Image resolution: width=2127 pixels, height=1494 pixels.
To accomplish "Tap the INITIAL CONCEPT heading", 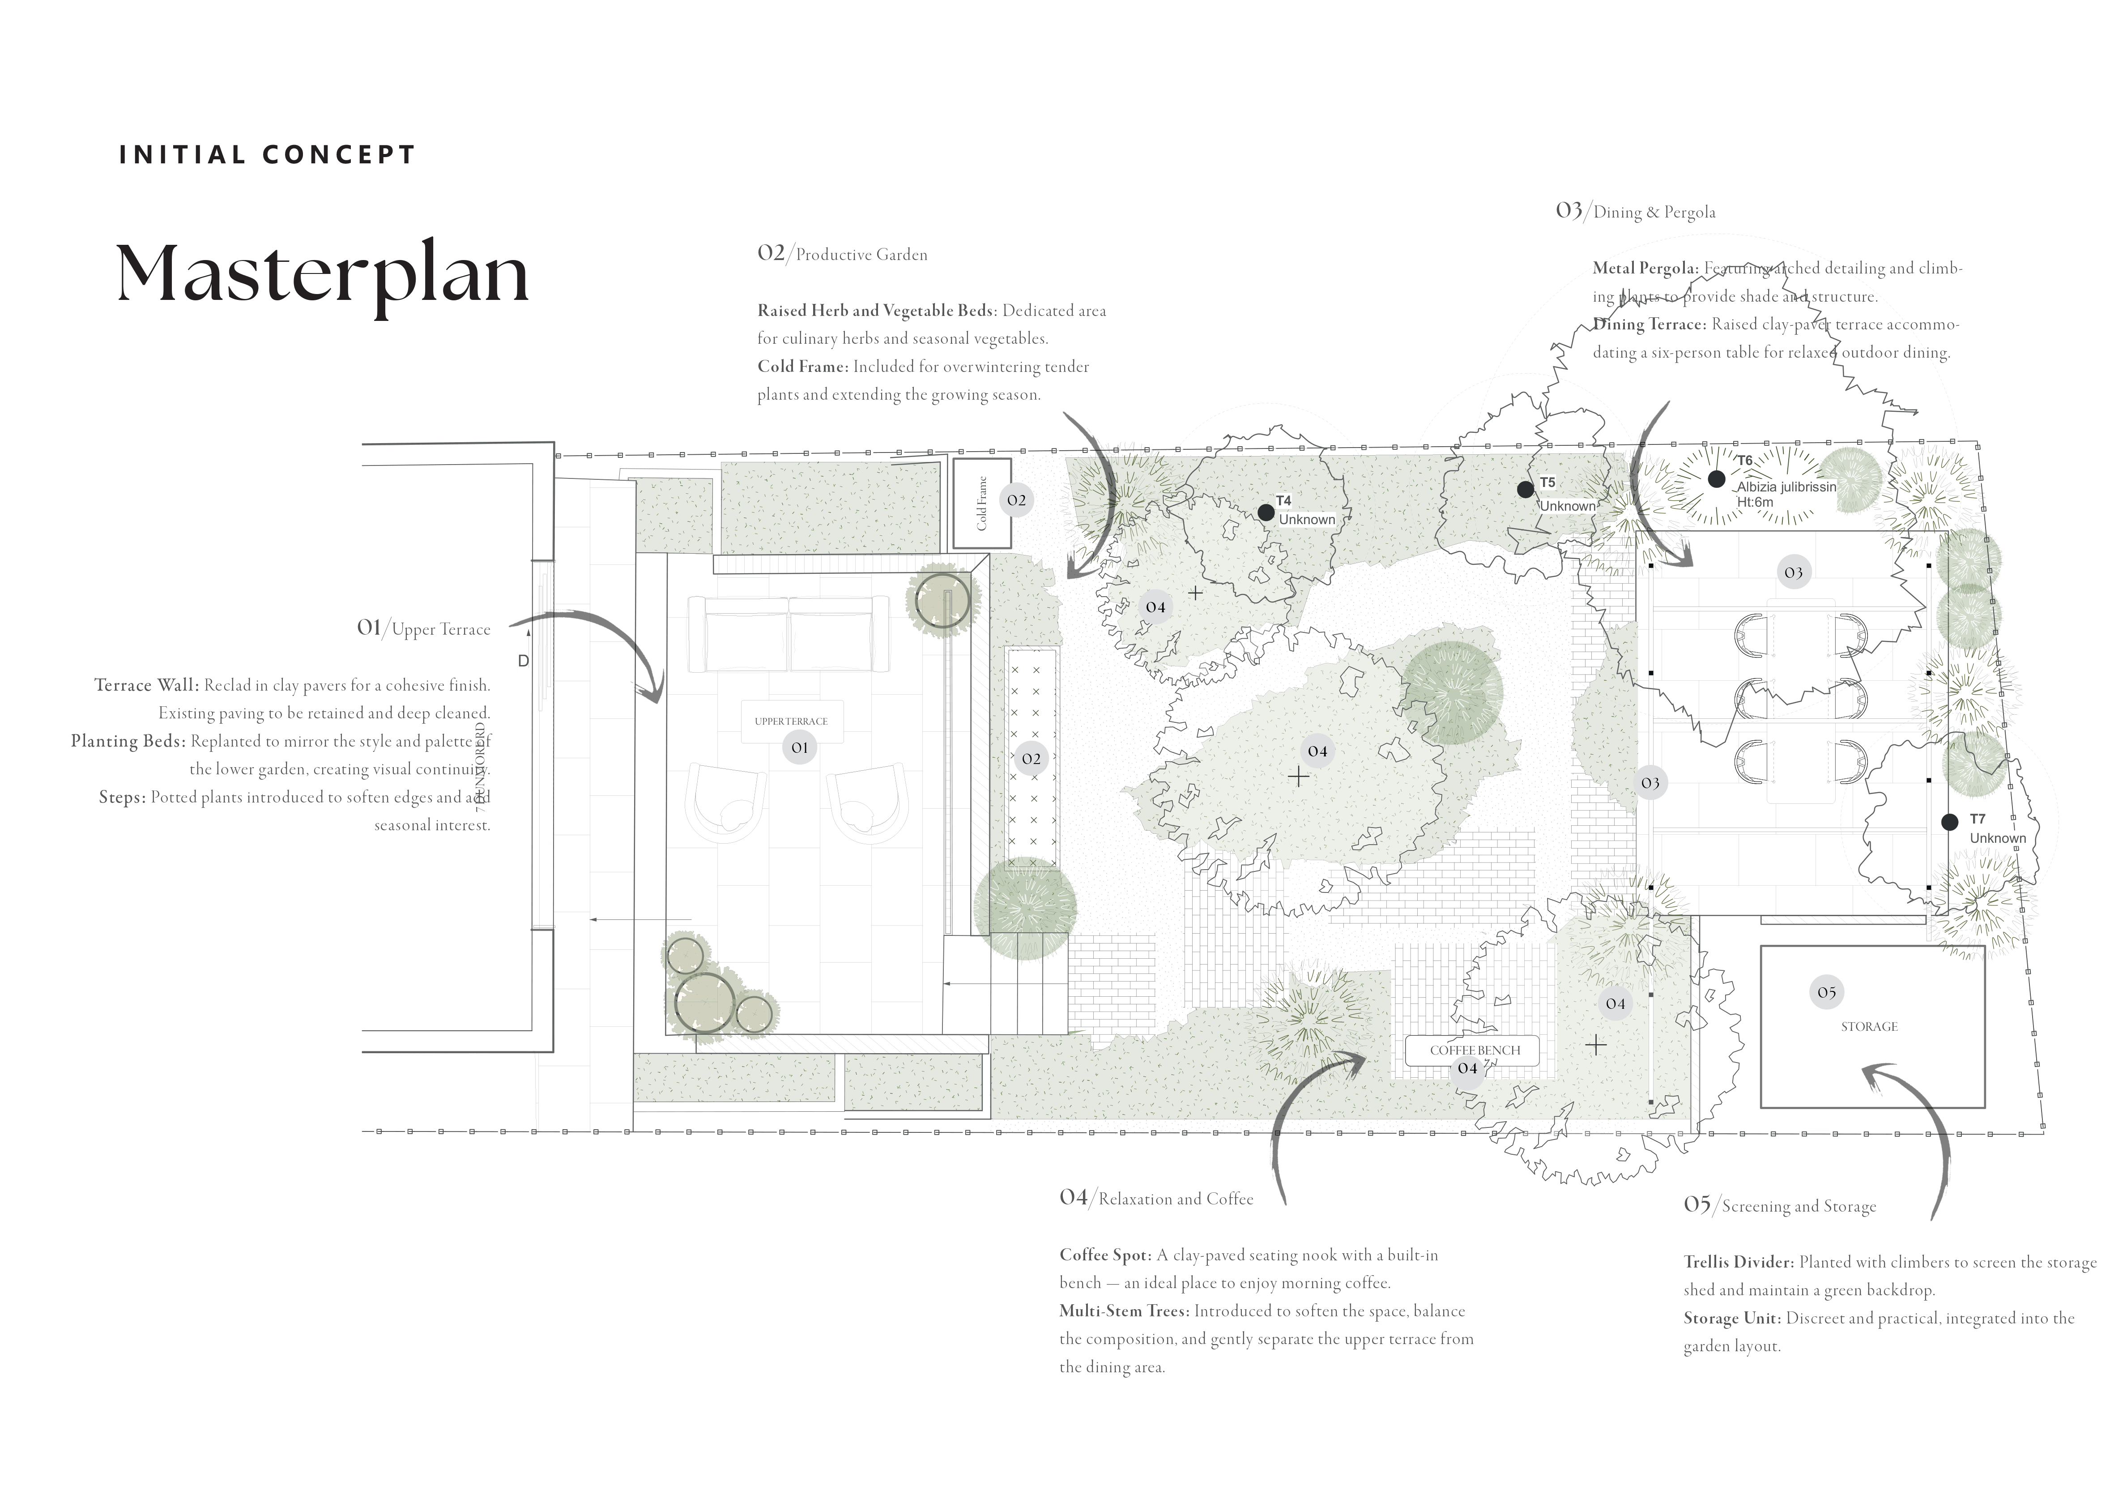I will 267,155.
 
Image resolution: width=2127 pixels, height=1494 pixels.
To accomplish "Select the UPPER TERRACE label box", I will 791,721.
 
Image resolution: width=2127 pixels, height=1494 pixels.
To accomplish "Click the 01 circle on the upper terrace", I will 800,747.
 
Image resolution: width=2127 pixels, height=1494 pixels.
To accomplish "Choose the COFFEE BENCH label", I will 1475,1050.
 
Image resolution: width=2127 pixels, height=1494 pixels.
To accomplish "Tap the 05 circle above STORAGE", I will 1826,993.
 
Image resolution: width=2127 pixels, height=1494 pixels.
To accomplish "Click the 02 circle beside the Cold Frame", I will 1016,500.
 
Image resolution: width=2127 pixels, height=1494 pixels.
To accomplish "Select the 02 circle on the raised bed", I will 1031,758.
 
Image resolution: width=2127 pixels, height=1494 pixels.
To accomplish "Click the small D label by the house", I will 524,661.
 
